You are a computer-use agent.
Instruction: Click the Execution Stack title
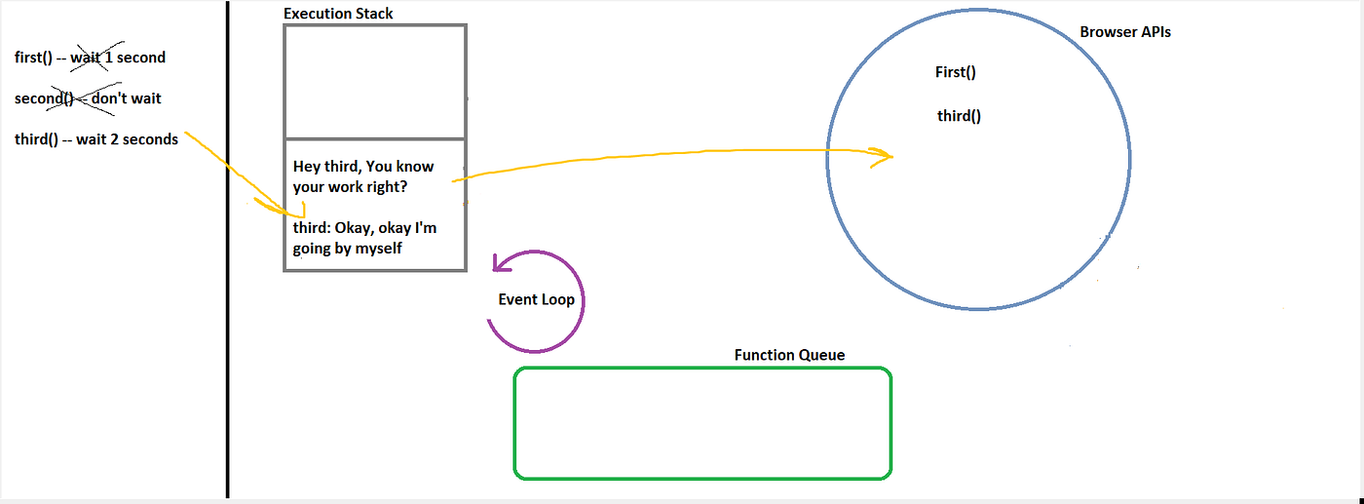(x=338, y=14)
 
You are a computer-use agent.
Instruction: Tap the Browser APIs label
(x=1125, y=32)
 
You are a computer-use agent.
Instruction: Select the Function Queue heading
(x=789, y=355)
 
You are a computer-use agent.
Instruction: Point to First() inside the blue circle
(x=955, y=72)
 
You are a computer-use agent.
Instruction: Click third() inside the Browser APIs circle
(x=959, y=116)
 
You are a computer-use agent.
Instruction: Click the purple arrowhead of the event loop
(x=501, y=263)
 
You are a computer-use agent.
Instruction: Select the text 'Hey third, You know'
(x=362, y=167)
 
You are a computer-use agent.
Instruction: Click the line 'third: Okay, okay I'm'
(x=364, y=229)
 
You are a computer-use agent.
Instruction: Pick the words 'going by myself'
(x=347, y=249)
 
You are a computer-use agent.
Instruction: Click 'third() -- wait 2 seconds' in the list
(x=96, y=139)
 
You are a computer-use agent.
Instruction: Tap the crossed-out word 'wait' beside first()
(x=85, y=58)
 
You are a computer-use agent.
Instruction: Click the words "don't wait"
(x=127, y=98)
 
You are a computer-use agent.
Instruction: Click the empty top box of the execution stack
(x=375, y=81)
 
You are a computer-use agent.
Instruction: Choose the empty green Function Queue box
(x=701, y=423)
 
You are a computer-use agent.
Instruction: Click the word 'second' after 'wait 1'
(x=141, y=58)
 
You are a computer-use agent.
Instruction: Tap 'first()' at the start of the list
(x=33, y=58)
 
